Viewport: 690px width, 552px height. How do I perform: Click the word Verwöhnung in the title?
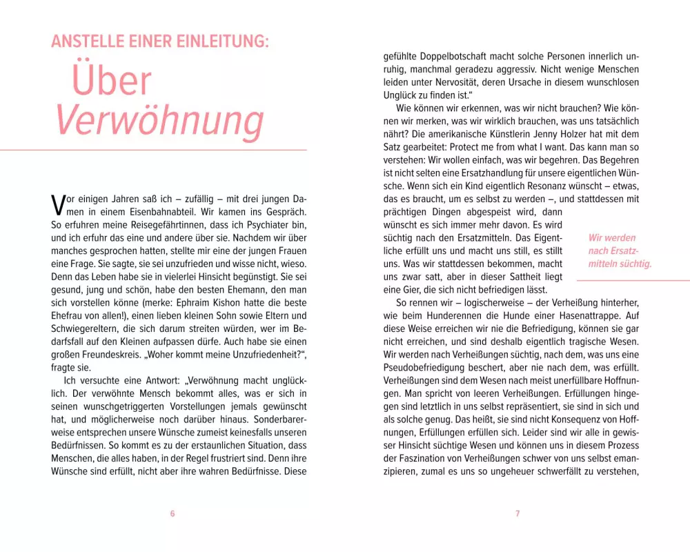pyautogui.click(x=159, y=121)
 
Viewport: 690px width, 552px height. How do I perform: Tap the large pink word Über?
pyautogui.click(x=111, y=81)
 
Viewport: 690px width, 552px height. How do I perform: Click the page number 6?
pyautogui.click(x=172, y=513)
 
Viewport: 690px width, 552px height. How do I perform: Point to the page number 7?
pyautogui.click(x=517, y=513)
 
